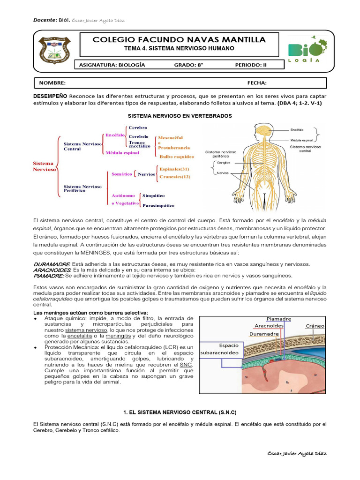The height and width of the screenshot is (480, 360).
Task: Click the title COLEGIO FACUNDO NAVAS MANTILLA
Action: click(x=180, y=40)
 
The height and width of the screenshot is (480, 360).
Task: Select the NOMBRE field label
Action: click(x=52, y=83)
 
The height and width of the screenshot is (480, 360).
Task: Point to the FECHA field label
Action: click(x=257, y=83)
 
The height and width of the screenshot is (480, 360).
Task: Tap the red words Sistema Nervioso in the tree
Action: click(x=44, y=166)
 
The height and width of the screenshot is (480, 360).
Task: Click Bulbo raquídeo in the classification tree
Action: click(x=176, y=157)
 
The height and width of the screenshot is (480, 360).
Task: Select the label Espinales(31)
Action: click(x=174, y=169)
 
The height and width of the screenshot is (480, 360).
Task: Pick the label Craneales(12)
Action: click(x=175, y=177)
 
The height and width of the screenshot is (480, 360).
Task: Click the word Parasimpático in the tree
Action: click(x=158, y=205)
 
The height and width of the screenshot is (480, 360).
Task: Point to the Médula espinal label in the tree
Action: click(x=126, y=153)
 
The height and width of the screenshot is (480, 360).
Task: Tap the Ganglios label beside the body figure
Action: click(x=224, y=163)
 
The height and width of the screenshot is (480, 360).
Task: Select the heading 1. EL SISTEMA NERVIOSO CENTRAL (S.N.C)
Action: click(x=180, y=412)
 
